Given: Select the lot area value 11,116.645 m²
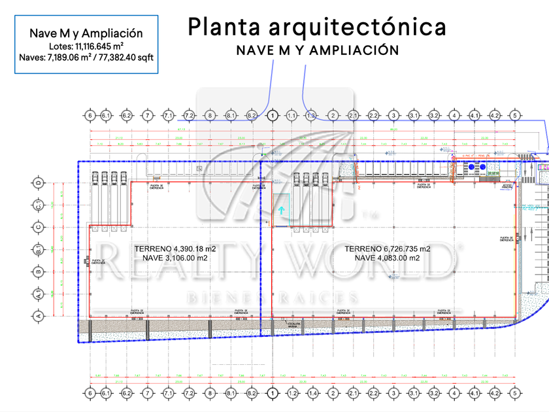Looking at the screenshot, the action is coord(100,46).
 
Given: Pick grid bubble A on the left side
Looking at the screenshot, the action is coord(39,317).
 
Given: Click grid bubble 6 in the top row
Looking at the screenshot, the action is coord(90,116).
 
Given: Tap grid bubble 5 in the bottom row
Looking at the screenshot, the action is coord(515,394).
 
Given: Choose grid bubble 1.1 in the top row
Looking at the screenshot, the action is coord(291,116).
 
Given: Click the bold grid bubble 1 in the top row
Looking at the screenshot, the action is coord(272,116).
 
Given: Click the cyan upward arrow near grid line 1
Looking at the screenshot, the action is coord(281,228).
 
